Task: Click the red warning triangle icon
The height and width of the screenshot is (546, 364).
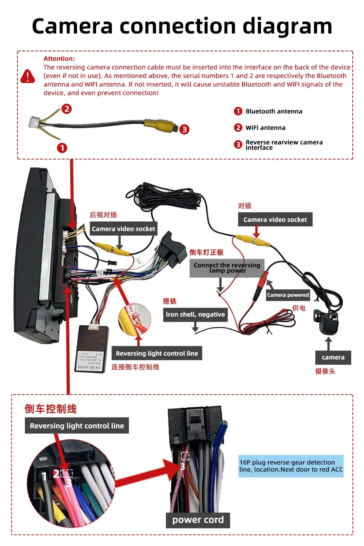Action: (x=28, y=76)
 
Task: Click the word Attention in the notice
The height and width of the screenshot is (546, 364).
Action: (x=59, y=59)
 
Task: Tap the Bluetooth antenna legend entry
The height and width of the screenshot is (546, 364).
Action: (x=274, y=111)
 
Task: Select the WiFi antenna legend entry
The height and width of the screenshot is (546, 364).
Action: (x=265, y=128)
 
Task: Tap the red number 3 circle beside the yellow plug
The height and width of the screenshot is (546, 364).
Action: (x=185, y=129)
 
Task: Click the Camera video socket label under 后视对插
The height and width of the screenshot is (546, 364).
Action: (x=123, y=229)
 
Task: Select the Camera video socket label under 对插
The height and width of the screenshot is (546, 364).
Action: (x=275, y=219)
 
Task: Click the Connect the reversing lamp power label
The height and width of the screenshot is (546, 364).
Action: (x=227, y=268)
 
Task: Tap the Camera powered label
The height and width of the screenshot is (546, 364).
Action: (x=288, y=295)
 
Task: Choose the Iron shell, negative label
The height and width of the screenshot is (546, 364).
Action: (x=195, y=314)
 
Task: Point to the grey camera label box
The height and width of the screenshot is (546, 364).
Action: (x=333, y=357)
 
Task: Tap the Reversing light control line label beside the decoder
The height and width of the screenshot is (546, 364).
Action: (x=157, y=353)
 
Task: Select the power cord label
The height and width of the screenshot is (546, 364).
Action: (x=198, y=520)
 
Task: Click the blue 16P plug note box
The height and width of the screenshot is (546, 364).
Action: (x=291, y=466)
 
